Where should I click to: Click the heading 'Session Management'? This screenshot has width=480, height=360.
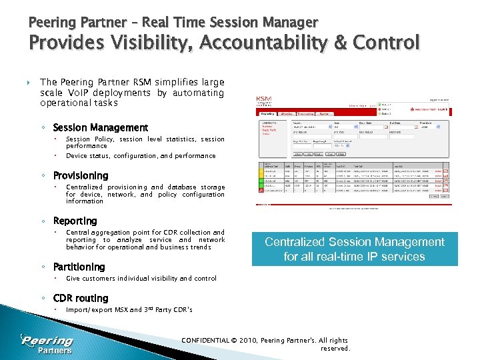tap(100, 127)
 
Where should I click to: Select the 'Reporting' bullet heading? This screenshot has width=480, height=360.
tap(75, 221)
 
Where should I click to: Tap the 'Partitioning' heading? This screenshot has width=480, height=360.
tap(79, 267)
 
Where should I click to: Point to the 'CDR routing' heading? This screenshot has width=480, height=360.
tap(80, 298)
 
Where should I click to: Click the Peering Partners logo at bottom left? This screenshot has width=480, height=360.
tap(47, 344)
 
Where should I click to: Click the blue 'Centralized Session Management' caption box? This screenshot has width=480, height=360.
tap(354, 249)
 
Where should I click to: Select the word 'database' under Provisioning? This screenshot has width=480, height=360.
tap(182, 187)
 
